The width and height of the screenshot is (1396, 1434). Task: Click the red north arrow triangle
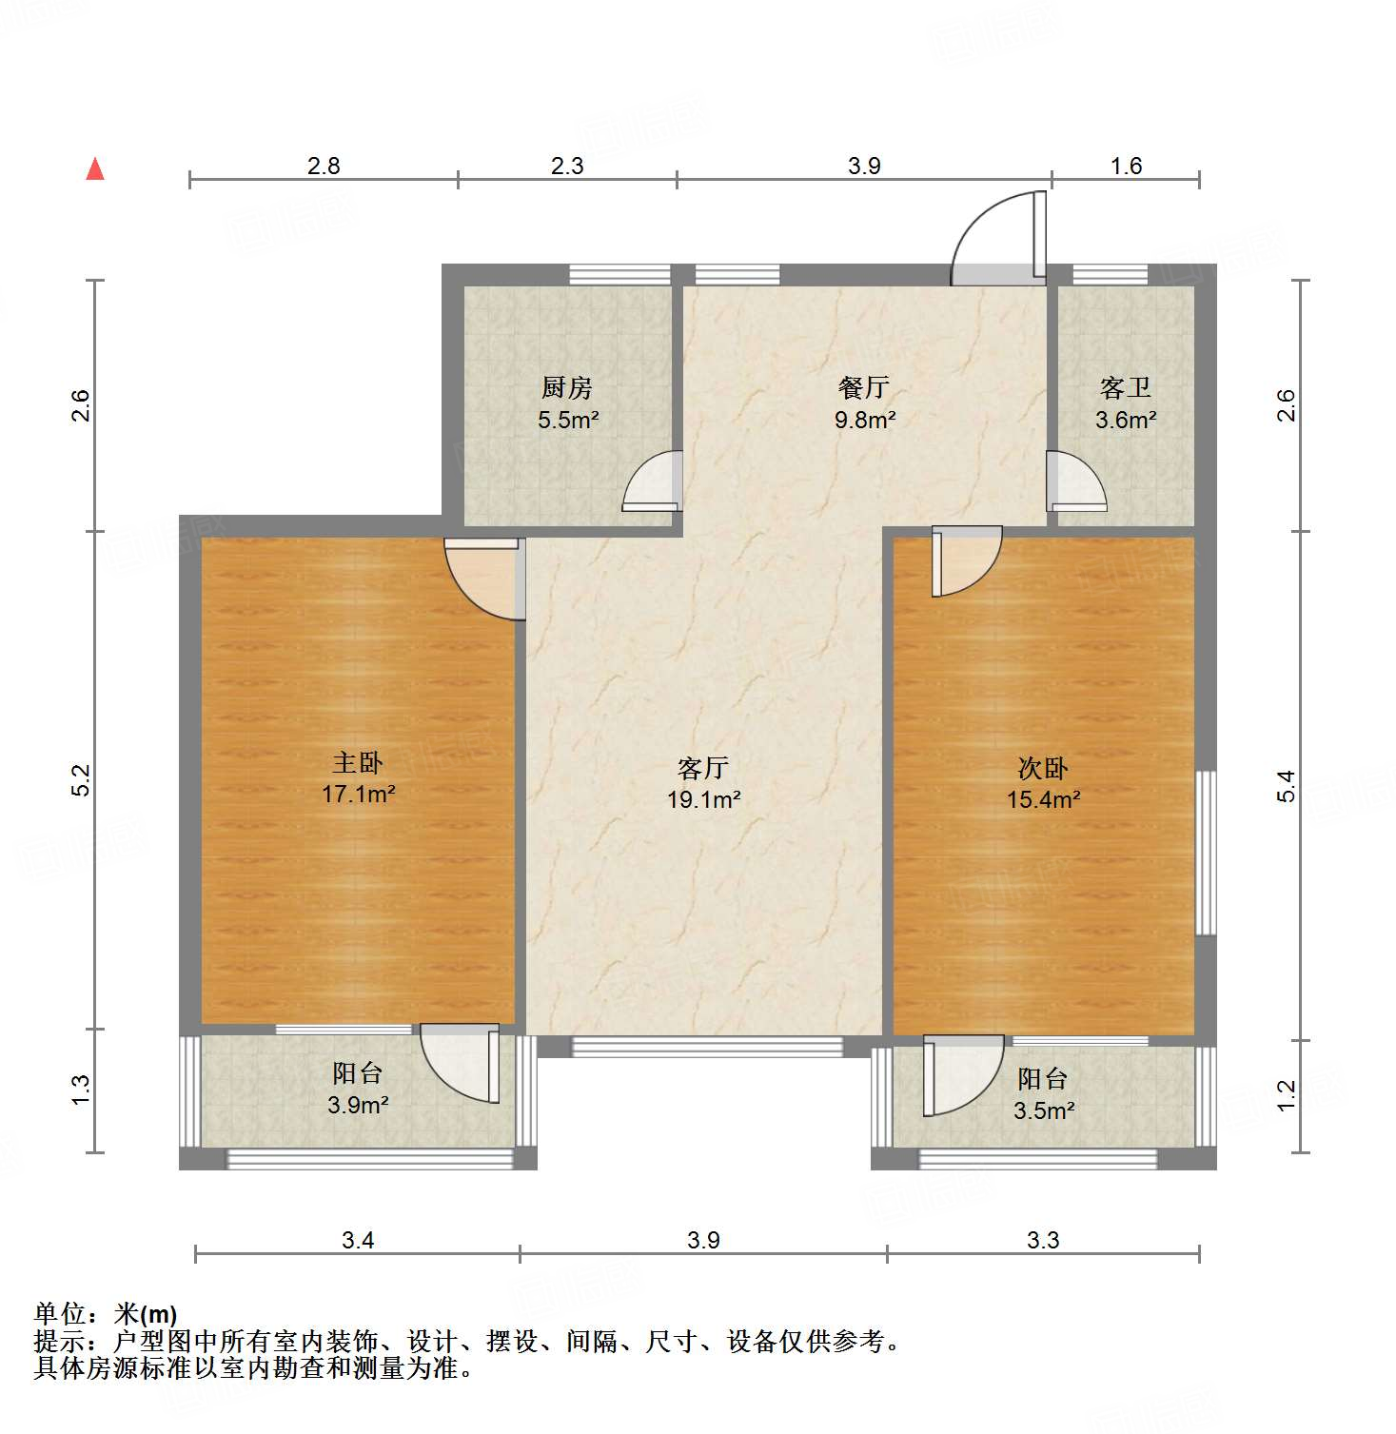coord(95,169)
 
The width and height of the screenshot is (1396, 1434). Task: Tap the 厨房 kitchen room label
coord(567,387)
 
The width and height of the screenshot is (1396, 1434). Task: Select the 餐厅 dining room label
coord(864,387)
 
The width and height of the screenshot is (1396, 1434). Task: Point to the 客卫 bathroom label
coord(1126,387)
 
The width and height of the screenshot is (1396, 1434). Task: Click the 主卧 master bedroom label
coord(358,762)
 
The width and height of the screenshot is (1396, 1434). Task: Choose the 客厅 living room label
coord(703,768)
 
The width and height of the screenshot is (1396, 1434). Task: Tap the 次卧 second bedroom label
coord(1043,768)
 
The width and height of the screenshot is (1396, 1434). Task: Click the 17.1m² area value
coord(358,794)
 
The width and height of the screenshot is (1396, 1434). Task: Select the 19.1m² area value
coord(703,799)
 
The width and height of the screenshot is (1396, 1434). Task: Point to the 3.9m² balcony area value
coord(358,1105)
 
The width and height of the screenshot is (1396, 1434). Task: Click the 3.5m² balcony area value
coord(1044,1110)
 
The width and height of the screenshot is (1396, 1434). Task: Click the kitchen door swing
coord(655,482)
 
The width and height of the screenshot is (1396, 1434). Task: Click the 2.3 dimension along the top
coord(567,166)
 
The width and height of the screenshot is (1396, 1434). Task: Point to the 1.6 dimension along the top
coord(1126,166)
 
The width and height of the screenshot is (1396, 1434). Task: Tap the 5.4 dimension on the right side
coord(1287,786)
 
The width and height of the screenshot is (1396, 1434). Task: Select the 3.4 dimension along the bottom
coord(358,1240)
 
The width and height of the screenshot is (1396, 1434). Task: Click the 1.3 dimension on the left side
coord(82,1090)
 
